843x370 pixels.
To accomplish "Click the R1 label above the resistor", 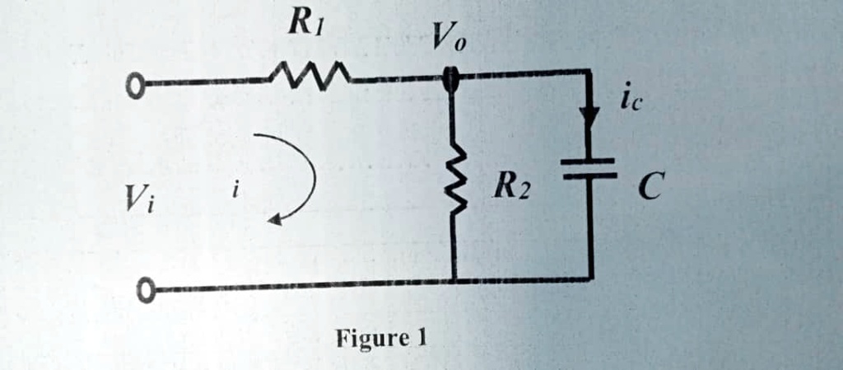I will point(305,25).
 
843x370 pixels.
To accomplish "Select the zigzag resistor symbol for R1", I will point(309,79).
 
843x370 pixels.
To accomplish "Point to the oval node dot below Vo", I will point(451,79).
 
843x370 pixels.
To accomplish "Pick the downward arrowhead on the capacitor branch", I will point(589,118).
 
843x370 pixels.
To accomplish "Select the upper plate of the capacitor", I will point(589,161).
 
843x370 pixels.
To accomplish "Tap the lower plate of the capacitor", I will point(589,176).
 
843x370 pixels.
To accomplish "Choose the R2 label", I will point(512,190).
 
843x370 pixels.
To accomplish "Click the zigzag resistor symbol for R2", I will point(454,186).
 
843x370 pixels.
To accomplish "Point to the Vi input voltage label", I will point(139,197).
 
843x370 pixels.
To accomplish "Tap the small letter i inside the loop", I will point(235,190).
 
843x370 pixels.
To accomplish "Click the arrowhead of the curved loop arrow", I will point(276,219).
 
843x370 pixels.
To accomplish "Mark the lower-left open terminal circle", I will point(145,289).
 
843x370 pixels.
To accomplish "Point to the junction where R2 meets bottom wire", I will point(454,281).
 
